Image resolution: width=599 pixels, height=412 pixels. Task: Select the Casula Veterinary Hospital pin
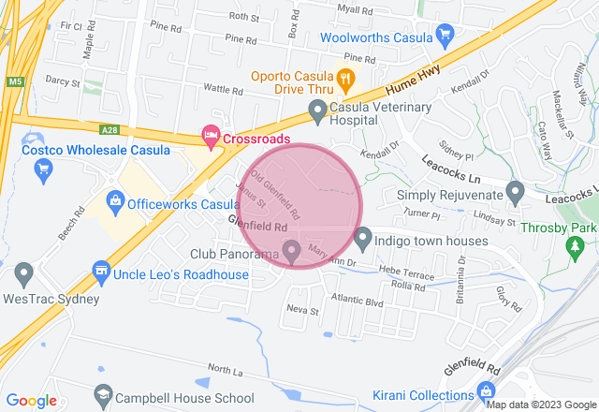tap(317, 112)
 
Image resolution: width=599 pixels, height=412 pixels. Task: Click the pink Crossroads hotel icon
tap(211, 138)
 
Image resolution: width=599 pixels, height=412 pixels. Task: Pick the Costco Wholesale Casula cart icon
tap(43, 169)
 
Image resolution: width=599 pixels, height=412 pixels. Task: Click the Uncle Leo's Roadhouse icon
tap(101, 273)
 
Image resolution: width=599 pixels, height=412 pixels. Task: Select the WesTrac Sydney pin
tap(24, 274)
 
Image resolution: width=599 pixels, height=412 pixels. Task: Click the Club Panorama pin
tap(291, 251)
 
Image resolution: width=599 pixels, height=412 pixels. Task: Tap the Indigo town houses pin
tap(363, 238)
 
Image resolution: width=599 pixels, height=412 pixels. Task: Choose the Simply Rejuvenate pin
tap(514, 193)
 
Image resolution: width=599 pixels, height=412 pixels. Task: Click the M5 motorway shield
tap(13, 81)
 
